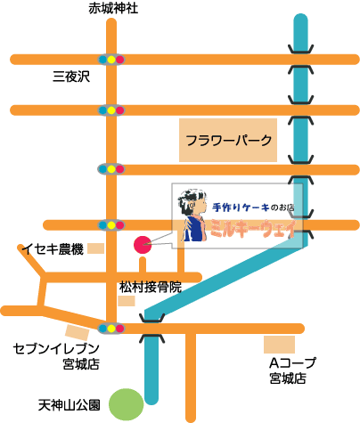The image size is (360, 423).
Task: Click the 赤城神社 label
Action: (113, 8)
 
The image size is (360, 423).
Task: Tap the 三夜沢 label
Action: (71, 77)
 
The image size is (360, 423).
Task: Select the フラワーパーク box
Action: (228, 140)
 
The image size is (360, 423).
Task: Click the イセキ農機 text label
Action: (53, 249)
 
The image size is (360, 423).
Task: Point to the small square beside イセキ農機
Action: (95, 248)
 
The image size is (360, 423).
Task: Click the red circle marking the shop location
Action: (143, 245)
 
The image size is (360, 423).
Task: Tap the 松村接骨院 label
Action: (151, 287)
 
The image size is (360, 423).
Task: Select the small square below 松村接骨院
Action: (127, 301)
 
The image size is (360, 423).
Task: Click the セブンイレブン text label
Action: (56, 349)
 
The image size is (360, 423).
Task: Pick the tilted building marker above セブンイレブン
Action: (78, 332)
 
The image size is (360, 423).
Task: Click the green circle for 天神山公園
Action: (127, 404)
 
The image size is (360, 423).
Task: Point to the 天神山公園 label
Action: (70, 405)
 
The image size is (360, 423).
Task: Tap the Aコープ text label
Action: (293, 362)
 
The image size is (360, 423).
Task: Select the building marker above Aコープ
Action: (279, 345)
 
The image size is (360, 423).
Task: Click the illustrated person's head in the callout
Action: (192, 202)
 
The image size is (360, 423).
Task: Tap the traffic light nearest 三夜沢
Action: (111, 60)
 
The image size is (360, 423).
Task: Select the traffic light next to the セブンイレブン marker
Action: (111, 329)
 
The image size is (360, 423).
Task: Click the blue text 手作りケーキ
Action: (241, 207)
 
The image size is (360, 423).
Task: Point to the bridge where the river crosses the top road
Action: (301, 60)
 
